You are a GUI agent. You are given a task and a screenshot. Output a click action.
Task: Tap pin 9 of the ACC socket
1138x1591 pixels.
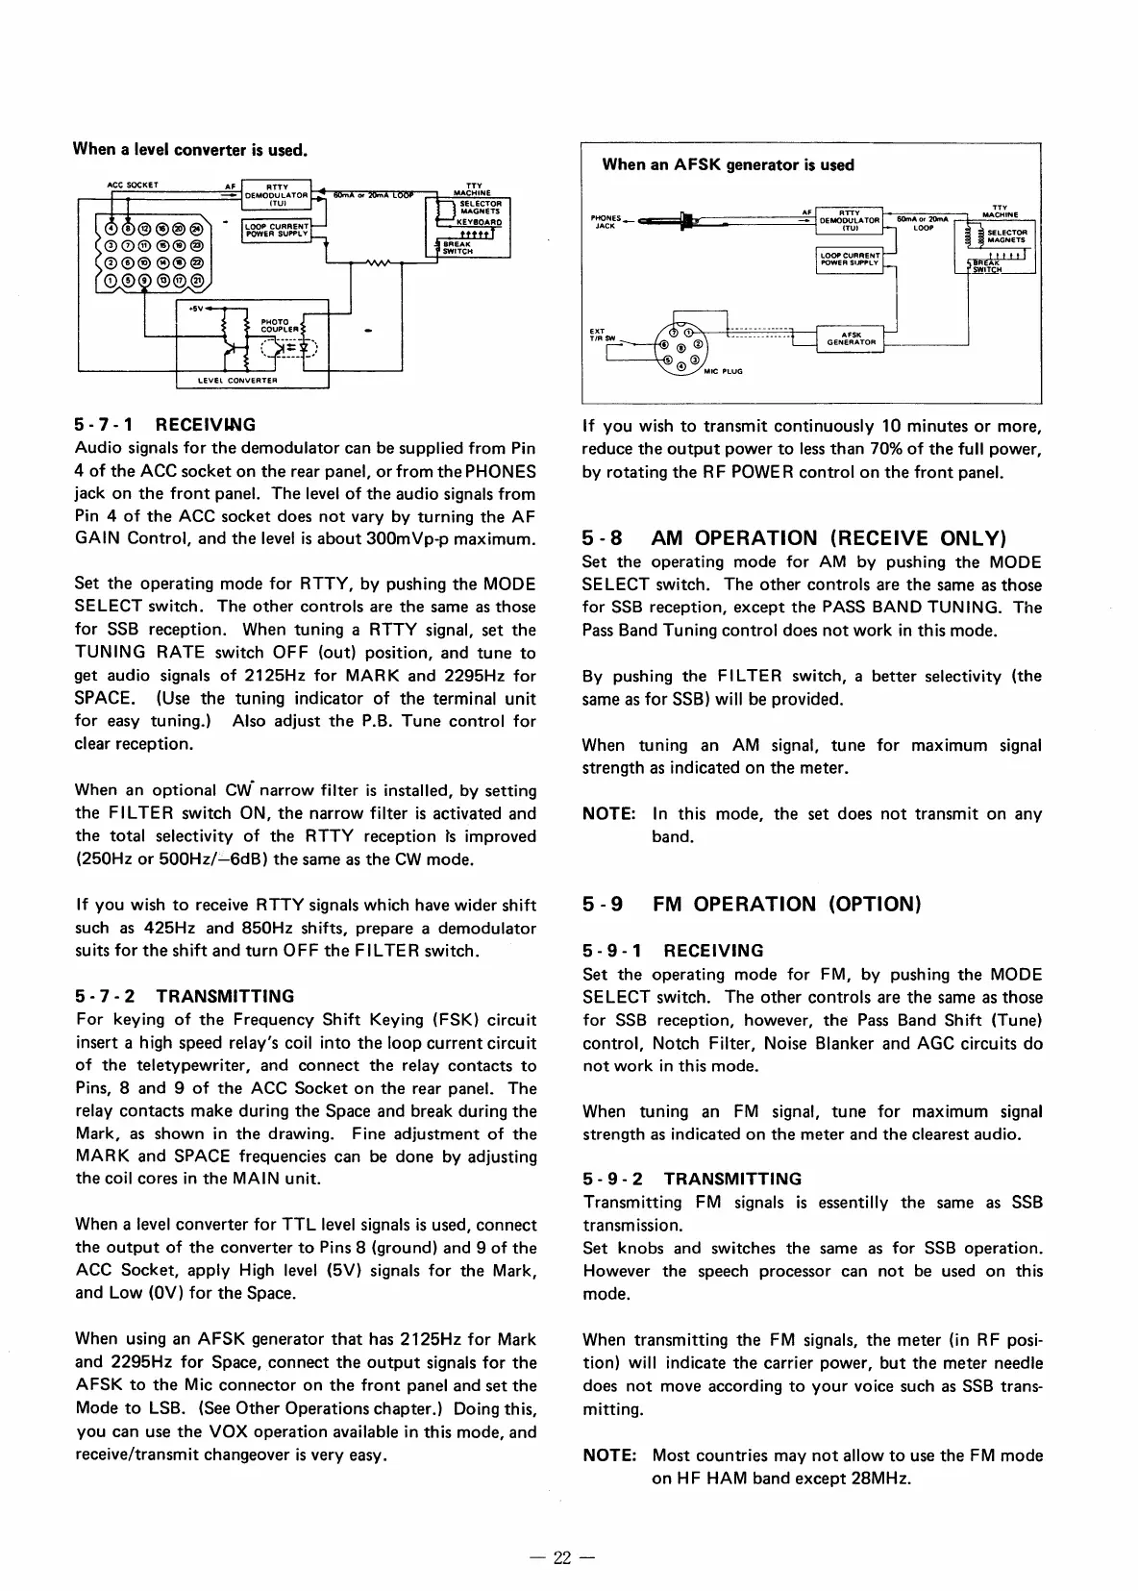coord(146,280)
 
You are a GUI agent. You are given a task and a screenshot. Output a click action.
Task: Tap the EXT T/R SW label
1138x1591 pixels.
coord(598,336)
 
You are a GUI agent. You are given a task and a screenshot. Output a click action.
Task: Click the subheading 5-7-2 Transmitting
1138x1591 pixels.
coord(185,996)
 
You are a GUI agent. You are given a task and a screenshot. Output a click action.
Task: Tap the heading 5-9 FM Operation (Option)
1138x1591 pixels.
coord(752,904)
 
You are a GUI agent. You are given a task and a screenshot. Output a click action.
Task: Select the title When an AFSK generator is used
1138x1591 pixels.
coord(728,164)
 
